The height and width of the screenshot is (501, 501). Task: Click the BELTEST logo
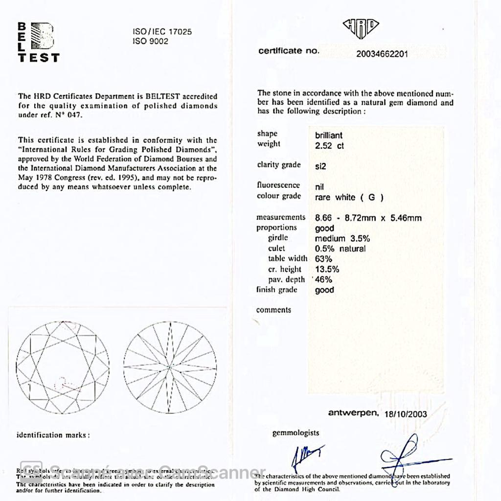click(x=38, y=42)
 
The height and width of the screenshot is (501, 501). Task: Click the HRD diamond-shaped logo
click(x=361, y=28)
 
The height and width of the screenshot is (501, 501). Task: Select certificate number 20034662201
click(x=382, y=54)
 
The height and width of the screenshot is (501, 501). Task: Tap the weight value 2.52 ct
click(x=329, y=146)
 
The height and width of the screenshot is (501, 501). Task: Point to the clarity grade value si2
click(x=320, y=166)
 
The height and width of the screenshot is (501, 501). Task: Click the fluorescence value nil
click(x=319, y=187)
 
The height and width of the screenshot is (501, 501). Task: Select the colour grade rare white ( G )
click(x=349, y=198)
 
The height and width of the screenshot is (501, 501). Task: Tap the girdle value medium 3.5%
click(x=342, y=239)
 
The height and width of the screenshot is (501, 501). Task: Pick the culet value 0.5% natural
click(x=340, y=249)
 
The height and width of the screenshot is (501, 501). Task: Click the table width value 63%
click(x=323, y=259)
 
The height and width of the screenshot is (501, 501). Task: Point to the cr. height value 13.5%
click(x=327, y=269)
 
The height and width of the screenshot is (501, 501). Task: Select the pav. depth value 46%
click(x=323, y=280)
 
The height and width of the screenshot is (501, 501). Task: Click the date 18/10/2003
click(x=406, y=414)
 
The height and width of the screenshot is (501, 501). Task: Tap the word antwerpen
click(x=353, y=413)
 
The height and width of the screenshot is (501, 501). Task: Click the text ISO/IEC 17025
click(x=162, y=32)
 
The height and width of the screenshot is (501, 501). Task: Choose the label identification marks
click(x=53, y=435)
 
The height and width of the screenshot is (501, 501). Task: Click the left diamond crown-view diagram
click(x=63, y=367)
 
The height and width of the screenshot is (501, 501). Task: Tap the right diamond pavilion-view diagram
click(x=169, y=367)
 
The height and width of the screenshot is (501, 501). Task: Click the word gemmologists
click(x=296, y=433)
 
